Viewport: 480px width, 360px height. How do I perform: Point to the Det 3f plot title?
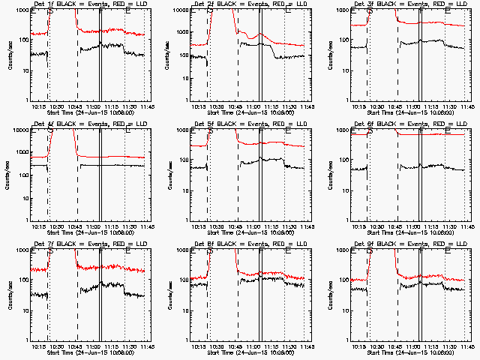[x=407, y=4]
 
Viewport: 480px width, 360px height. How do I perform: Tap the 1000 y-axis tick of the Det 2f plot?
[x=180, y=10]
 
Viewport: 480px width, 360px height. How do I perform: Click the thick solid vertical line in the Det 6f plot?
[x=421, y=174]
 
